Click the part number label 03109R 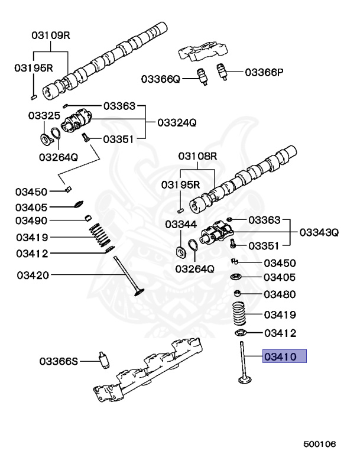pyautogui.click(x=51, y=35)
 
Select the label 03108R pyautogui.click(x=198, y=156)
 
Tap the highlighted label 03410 pyautogui.click(x=285, y=356)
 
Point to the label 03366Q pyautogui.click(x=160, y=78)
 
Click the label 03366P pyautogui.click(x=264, y=73)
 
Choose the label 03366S pyautogui.click(x=59, y=361)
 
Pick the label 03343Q pyautogui.click(x=319, y=232)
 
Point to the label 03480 pyautogui.click(x=280, y=294)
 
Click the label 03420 pyautogui.click(x=33, y=275)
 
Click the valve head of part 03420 pyautogui.click(x=140, y=292)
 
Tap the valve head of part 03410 pyautogui.click(x=243, y=378)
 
